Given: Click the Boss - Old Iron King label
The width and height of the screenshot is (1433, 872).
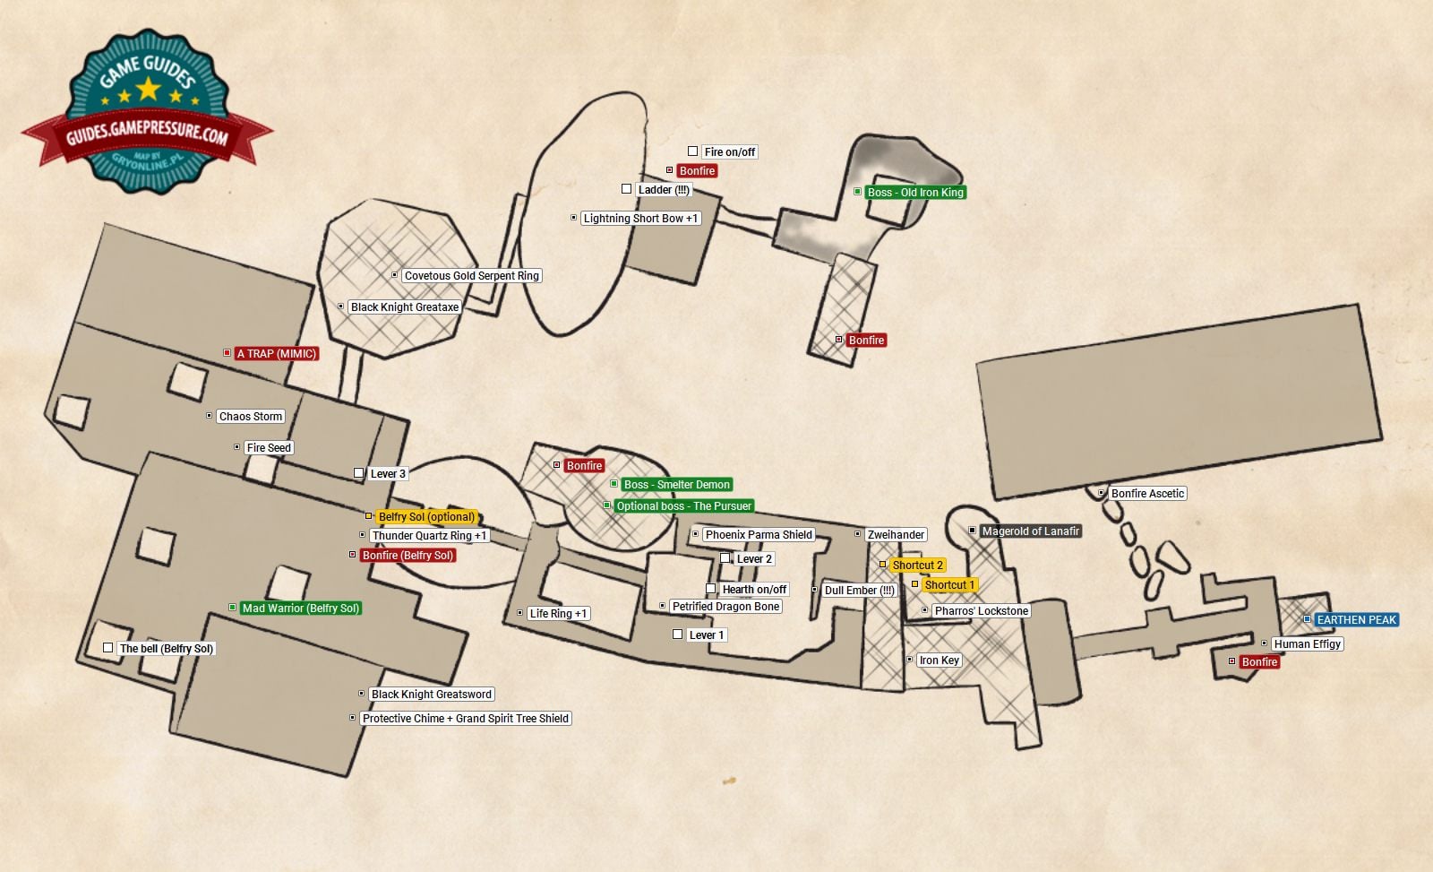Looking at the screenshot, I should pos(914,192).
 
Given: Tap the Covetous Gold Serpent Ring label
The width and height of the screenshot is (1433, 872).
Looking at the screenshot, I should pos(471,275).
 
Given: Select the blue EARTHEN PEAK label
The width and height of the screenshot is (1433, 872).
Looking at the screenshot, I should pos(1356,619).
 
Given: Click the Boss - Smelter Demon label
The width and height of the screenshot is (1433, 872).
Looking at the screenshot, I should pos(676,484).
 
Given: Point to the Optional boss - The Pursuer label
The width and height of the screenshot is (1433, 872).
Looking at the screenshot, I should pos(684,505).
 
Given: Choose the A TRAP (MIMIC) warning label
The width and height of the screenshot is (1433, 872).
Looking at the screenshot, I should pos(276,353).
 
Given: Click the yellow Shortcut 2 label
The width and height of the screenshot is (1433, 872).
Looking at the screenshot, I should pos(917,565).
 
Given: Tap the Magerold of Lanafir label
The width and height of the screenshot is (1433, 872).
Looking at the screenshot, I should pos(1030,531).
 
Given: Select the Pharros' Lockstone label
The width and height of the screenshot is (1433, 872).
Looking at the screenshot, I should pos(981,610).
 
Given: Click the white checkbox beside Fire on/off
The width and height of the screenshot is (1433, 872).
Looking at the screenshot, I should pos(692,151).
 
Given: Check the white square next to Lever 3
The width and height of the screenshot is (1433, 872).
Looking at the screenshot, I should pos(358,473).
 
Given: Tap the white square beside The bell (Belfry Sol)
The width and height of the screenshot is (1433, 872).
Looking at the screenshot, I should pos(107,648).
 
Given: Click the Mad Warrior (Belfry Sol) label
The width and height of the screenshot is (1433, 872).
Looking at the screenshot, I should pos(300,608).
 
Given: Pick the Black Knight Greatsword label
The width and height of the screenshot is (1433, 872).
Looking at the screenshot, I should pos(431,694).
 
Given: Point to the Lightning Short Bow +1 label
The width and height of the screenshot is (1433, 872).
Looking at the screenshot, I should pos(639,218).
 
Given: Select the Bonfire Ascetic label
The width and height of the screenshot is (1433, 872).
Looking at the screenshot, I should pos(1147,493).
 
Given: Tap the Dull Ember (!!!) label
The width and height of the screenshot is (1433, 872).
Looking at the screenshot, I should pos(859,590).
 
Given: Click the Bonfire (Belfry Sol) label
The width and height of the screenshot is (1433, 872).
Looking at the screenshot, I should pos(408,555).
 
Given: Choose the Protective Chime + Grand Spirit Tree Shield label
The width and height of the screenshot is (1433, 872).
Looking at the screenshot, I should pos(465,718).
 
